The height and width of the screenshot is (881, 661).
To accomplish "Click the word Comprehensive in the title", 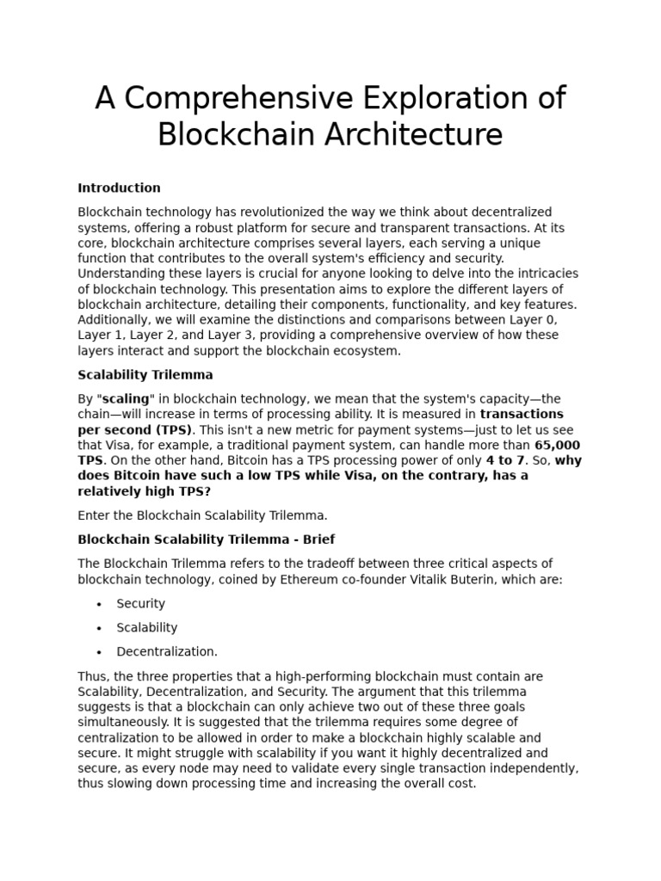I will (x=240, y=99).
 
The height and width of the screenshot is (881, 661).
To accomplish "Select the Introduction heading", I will (x=119, y=188).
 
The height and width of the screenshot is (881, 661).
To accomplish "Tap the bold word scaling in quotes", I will (x=126, y=399).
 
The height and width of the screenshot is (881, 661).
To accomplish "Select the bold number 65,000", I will (x=557, y=445).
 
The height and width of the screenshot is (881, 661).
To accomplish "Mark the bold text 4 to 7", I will (x=505, y=460).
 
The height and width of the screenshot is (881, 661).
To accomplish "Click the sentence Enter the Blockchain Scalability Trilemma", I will (x=202, y=515).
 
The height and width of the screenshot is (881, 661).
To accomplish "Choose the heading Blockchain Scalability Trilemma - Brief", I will (x=206, y=539).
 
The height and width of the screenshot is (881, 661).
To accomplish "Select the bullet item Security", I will (x=140, y=604).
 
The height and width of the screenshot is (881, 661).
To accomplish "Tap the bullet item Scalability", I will (x=146, y=628).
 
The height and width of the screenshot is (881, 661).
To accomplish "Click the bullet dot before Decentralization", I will (x=100, y=652).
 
